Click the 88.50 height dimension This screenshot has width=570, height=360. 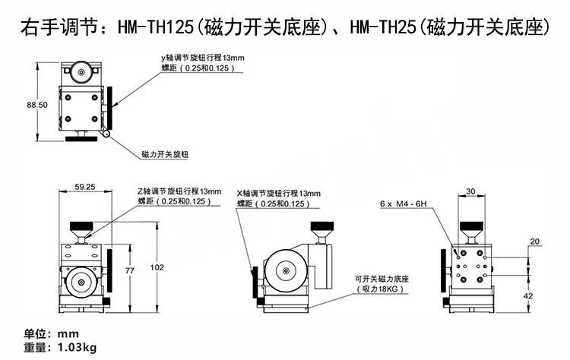(x=38, y=104)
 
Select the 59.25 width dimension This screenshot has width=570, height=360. (x=84, y=186)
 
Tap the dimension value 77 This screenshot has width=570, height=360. (x=130, y=270)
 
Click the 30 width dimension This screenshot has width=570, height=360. (x=470, y=191)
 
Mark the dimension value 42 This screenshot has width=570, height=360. (x=528, y=295)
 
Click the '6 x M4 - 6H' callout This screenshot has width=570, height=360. (x=404, y=204)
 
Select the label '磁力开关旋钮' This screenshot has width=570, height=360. (x=165, y=154)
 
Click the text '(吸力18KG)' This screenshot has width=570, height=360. (x=378, y=289)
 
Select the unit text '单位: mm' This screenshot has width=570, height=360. (x=52, y=334)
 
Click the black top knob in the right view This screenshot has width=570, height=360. (x=470, y=226)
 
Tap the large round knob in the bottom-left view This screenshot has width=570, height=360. (x=81, y=283)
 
